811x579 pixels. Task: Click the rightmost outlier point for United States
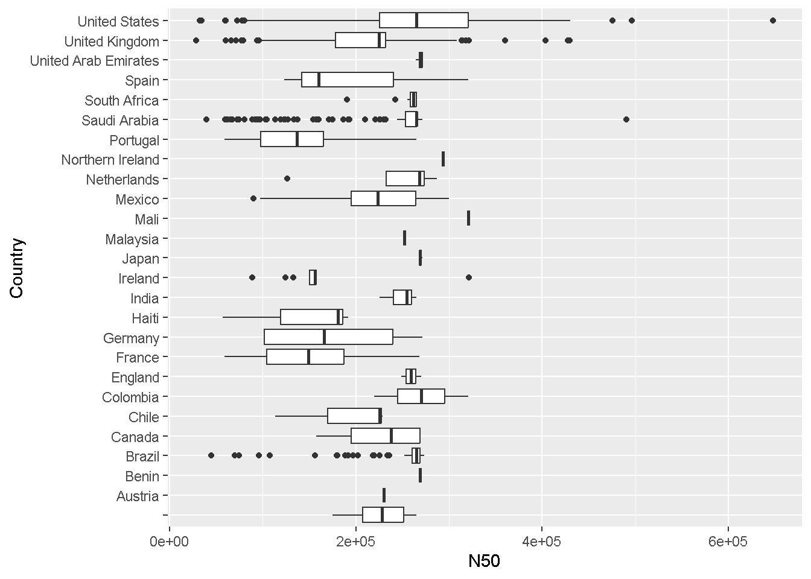[x=773, y=21]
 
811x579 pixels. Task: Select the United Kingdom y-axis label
[x=112, y=42]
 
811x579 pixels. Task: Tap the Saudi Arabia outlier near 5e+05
[x=626, y=119]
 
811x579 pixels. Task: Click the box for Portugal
[x=292, y=139]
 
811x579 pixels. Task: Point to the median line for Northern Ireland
[x=444, y=159]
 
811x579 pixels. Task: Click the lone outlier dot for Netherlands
[x=287, y=179]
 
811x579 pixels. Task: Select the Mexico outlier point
[x=253, y=198]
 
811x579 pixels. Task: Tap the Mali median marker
[x=469, y=218]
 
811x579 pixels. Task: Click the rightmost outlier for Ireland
[x=469, y=277]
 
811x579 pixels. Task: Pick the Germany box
[x=328, y=337]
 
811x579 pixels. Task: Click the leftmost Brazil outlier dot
[x=211, y=455]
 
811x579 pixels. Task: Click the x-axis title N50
[x=485, y=562]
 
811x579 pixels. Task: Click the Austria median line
[x=384, y=496]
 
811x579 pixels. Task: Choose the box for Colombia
[x=421, y=397]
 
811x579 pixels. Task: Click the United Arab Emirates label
[x=95, y=61]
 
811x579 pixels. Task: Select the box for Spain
[x=348, y=80]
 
